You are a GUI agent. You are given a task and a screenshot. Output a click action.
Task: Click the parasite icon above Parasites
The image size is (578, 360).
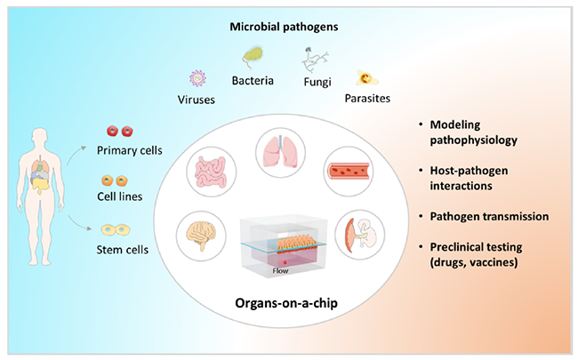tap(365, 78)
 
